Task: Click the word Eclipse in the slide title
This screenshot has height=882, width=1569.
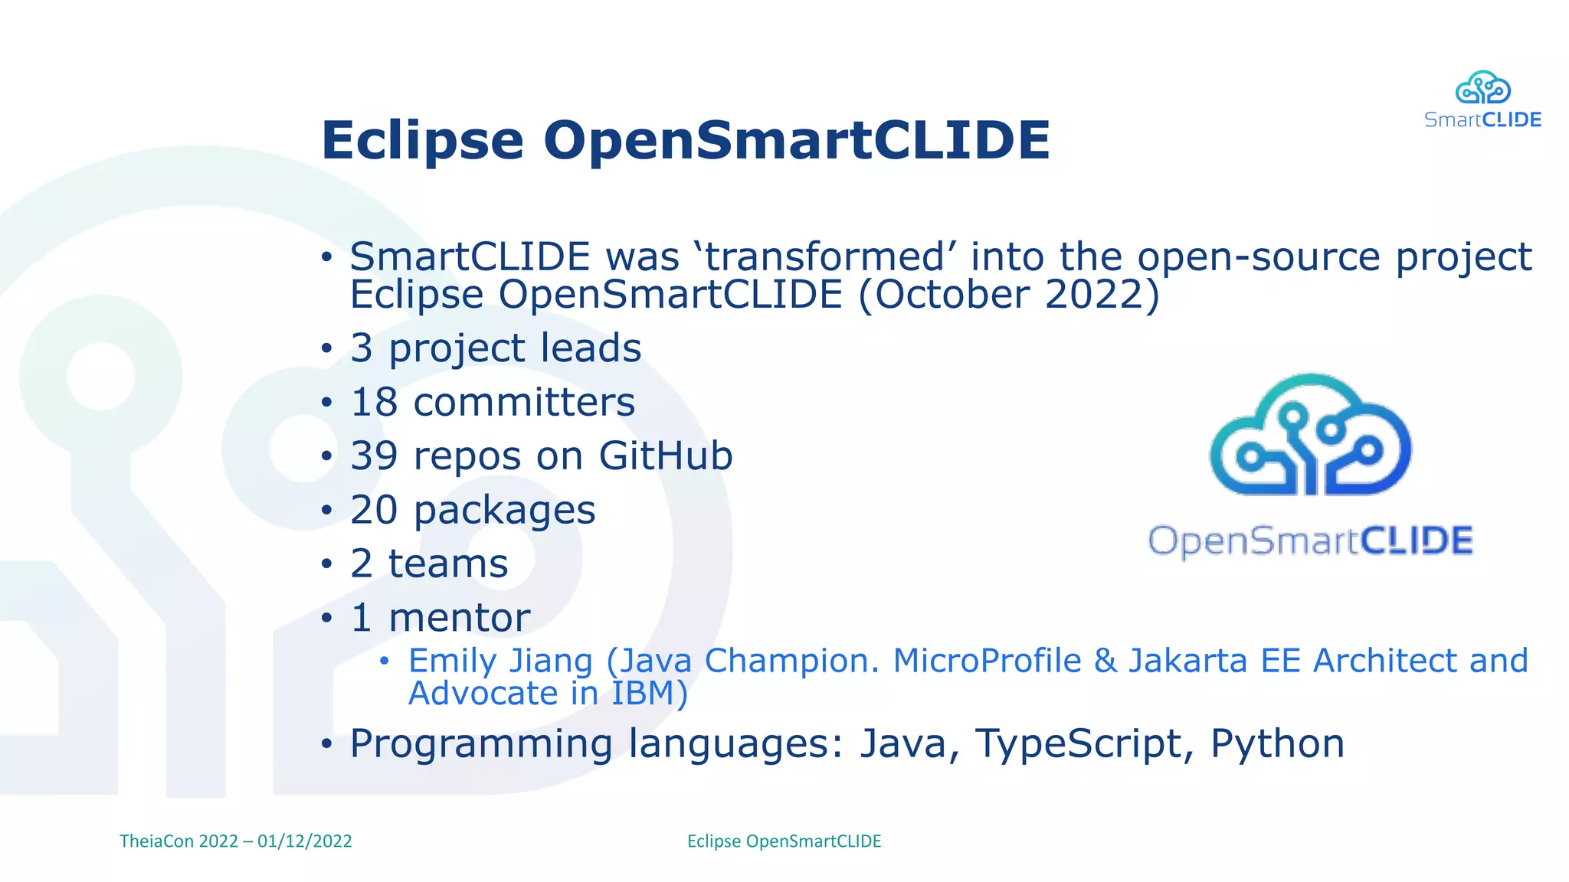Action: [422, 142]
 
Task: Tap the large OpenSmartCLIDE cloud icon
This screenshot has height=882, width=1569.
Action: [1310, 436]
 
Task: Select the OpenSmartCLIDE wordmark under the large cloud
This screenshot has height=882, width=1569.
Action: [1310, 541]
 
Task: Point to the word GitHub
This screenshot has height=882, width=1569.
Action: [665, 456]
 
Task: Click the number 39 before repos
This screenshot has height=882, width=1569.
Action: [374, 456]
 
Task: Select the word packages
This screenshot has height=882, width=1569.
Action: [504, 511]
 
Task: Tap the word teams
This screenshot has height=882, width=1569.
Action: [448, 564]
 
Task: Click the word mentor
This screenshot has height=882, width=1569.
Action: [459, 618]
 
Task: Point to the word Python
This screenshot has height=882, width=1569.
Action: [1277, 744]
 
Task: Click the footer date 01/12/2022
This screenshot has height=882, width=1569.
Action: [304, 841]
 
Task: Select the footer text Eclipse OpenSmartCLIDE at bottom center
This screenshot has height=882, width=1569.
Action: [784, 841]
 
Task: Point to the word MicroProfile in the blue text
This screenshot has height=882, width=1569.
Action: [987, 661]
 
